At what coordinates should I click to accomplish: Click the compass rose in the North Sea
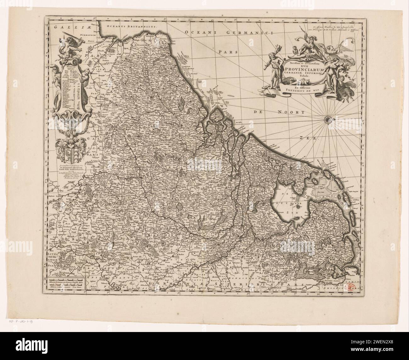328,119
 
